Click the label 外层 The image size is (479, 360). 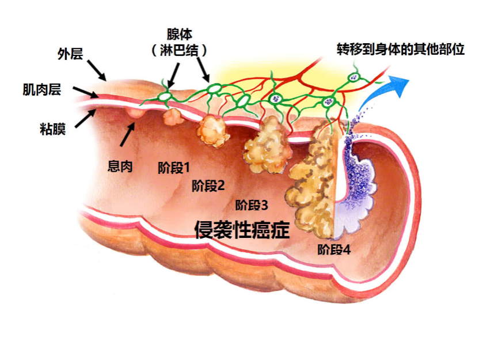pyautogui.click(x=70, y=55)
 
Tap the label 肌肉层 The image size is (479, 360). pyautogui.click(x=41, y=90)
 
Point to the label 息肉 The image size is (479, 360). pyautogui.click(x=120, y=166)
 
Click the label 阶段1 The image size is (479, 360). pyautogui.click(x=174, y=168)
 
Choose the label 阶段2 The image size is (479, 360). pyautogui.click(x=208, y=185)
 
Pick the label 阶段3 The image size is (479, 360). pyautogui.click(x=252, y=204)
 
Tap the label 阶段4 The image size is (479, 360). pyautogui.click(x=334, y=250)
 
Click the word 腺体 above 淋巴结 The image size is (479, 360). pyautogui.click(x=178, y=36)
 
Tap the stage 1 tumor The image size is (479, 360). pyautogui.click(x=172, y=117)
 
